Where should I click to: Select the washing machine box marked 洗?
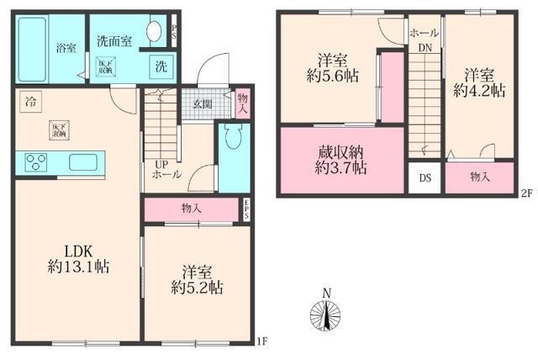[x=159, y=66]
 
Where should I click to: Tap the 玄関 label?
[x=203, y=105]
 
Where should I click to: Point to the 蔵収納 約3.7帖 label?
[x=340, y=160]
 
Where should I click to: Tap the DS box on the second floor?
[x=425, y=178]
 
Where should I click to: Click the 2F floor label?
[x=527, y=193]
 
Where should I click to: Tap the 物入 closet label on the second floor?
[x=479, y=177]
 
